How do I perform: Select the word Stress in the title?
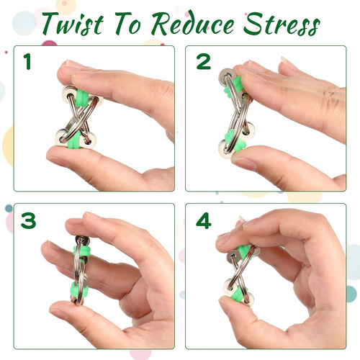click(282, 24)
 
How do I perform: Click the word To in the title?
click(127, 24)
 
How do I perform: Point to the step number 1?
click(27, 62)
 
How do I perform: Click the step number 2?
click(204, 62)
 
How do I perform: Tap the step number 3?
click(28, 220)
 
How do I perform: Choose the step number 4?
click(204, 220)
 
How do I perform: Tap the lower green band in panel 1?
click(75, 139)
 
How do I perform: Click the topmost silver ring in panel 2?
click(227, 76)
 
